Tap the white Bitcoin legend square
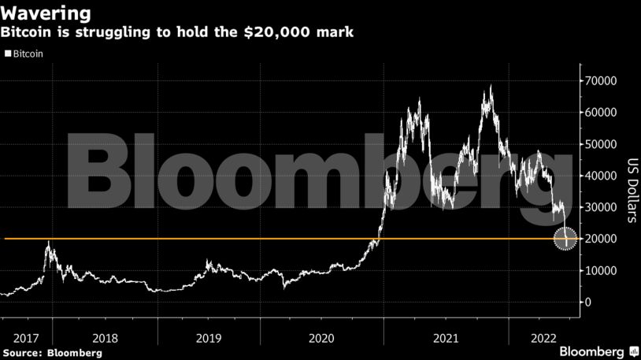point(8,54)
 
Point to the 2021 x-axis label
point(445,338)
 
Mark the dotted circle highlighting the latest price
point(566,239)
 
